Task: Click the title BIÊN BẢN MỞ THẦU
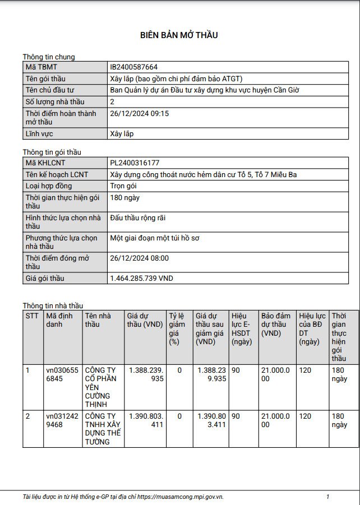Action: pos(179,35)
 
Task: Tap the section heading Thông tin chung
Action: pos(49,57)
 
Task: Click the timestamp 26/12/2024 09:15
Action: pos(139,113)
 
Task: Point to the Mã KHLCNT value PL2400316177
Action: pos(135,163)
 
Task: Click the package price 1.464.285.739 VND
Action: pos(141,278)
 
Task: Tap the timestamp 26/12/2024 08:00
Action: pos(139,258)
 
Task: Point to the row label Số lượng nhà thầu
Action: pos(55,101)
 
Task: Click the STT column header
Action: pos(32,316)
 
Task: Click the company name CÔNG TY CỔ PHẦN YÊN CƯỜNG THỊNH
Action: pos(100,387)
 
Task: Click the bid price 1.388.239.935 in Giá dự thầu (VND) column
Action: pos(146,374)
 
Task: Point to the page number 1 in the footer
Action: pos(327,497)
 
